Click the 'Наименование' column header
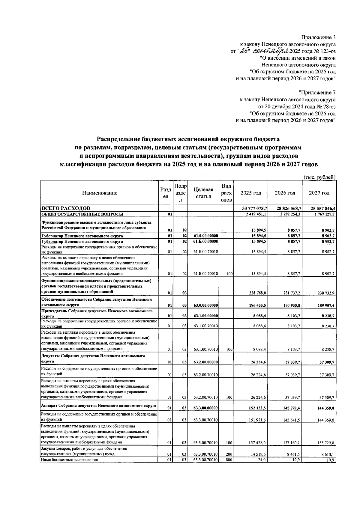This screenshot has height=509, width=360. point(100,193)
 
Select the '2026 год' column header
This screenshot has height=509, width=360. point(285,193)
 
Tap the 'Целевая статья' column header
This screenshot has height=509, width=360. point(203,193)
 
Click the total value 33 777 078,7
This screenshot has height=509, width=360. point(253,208)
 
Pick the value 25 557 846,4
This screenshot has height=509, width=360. point(321,208)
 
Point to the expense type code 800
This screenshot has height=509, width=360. point(229,468)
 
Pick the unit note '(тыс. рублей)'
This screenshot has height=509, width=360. point(319,177)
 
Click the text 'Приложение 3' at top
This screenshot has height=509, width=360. point(318,37)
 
